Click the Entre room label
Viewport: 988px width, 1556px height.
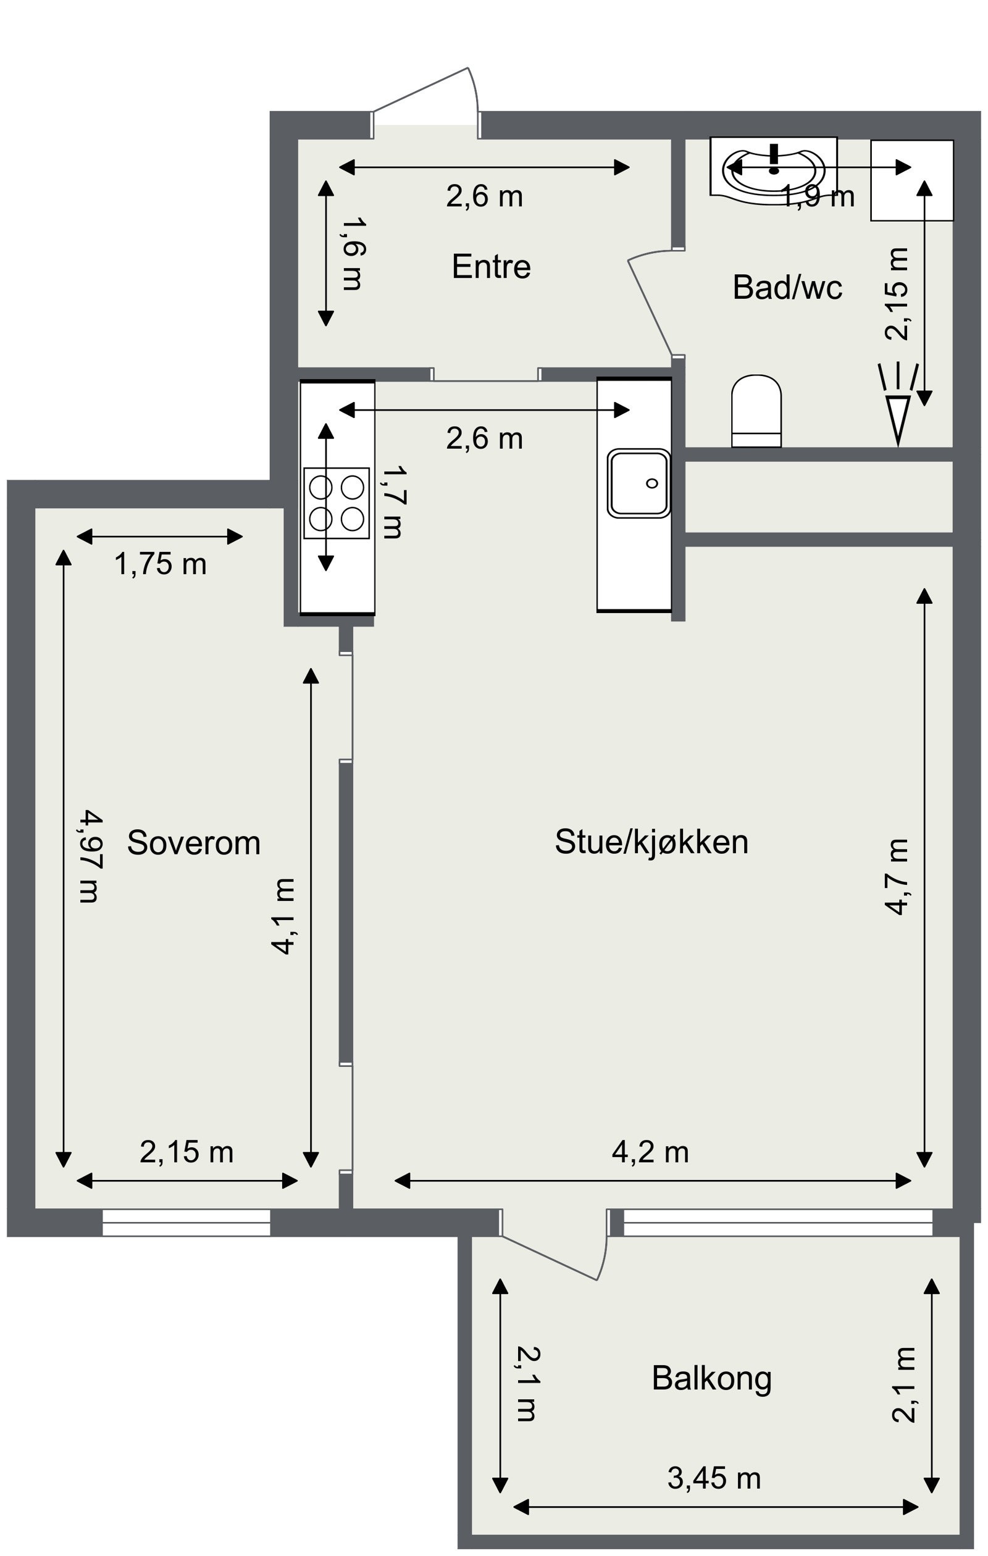coord(491,266)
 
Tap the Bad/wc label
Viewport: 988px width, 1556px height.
coord(787,288)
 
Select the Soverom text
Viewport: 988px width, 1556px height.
coord(193,843)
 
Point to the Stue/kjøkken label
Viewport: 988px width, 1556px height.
coord(651,842)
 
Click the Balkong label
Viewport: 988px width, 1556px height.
coord(711,1378)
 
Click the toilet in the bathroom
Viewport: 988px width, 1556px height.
coord(756,411)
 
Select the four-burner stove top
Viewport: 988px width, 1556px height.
coord(337,503)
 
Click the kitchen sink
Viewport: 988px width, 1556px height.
coord(638,483)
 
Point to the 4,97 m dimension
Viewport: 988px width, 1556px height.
coord(89,857)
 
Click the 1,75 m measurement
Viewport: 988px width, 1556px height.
coord(161,564)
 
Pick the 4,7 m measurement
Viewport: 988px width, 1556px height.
coord(896,876)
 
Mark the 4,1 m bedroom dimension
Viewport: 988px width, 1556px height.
coord(283,916)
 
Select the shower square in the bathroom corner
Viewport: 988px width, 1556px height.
coord(911,180)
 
